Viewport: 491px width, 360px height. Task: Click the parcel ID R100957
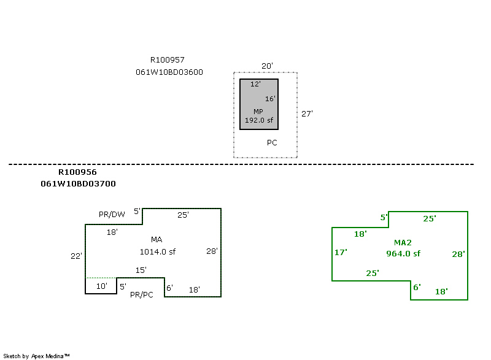[167, 60]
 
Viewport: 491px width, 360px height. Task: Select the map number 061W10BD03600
[169, 72]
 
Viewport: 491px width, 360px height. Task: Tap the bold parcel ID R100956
[77, 172]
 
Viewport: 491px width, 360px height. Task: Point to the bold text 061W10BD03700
[78, 183]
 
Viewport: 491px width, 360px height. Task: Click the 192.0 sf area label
[259, 120]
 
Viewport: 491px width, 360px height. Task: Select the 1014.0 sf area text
[158, 251]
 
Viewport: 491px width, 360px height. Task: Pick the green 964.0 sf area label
[403, 253]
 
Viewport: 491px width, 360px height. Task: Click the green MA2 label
[403, 243]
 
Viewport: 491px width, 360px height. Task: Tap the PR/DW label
[112, 214]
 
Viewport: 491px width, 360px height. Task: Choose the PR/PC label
[142, 295]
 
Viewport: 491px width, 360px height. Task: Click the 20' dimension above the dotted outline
[266, 66]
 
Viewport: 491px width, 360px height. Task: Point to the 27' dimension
[307, 113]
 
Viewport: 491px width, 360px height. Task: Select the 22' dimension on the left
[76, 256]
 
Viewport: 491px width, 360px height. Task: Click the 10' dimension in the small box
[101, 286]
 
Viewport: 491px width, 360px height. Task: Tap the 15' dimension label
[141, 270]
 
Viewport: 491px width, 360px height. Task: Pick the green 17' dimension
[341, 252]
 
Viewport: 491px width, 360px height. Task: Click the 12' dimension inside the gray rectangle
[255, 84]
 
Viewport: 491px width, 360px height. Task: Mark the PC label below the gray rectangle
[272, 142]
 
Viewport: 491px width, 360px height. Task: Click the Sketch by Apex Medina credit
[36, 356]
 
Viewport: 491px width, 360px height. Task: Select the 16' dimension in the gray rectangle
[270, 99]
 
